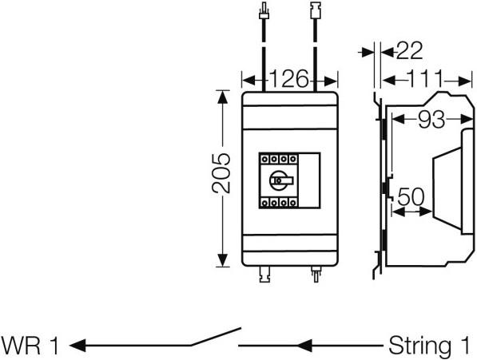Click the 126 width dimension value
[x=288, y=80]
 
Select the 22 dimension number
[x=408, y=51]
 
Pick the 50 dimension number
[x=410, y=196]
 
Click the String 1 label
[x=428, y=346]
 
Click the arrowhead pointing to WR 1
[x=78, y=346]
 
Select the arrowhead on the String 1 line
[x=304, y=346]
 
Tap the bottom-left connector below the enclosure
[x=265, y=275]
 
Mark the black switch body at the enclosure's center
[x=280, y=180]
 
